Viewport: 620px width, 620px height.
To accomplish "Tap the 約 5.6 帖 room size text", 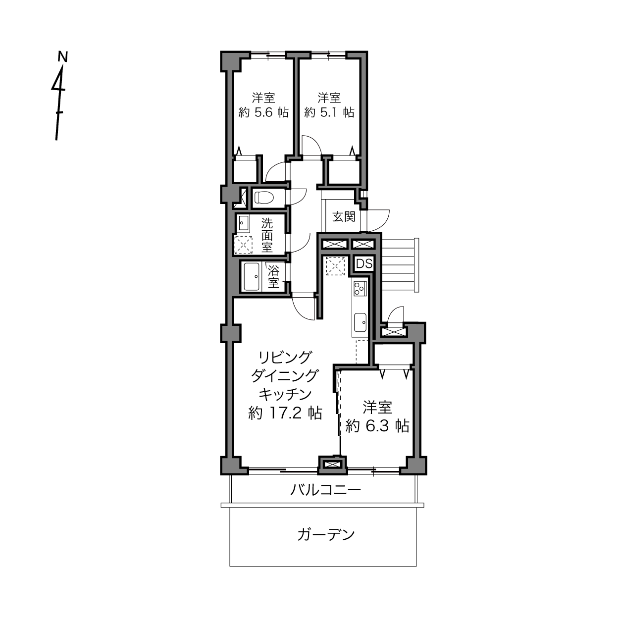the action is pyautogui.click(x=263, y=112).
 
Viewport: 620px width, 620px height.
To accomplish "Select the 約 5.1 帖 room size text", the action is pyautogui.click(x=329, y=112).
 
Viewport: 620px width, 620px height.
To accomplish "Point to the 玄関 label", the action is pyautogui.click(x=344, y=216).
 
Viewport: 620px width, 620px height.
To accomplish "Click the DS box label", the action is pyautogui.click(x=364, y=264).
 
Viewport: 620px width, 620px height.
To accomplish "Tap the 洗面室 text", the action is pyautogui.click(x=267, y=235).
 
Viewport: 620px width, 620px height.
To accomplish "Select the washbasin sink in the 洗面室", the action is pyautogui.click(x=244, y=223).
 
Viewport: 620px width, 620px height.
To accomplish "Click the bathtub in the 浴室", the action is pyautogui.click(x=252, y=277).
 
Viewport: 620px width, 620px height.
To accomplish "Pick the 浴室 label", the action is pyautogui.click(x=273, y=276).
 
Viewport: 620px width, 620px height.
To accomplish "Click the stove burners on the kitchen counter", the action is pyautogui.click(x=360, y=288).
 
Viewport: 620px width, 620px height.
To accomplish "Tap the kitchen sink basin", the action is pyautogui.click(x=360, y=322).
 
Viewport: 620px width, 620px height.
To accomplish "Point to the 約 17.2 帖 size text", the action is pyautogui.click(x=285, y=413).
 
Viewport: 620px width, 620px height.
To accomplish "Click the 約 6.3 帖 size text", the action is pyautogui.click(x=377, y=426).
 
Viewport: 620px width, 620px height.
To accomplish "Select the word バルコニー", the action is pyautogui.click(x=326, y=490).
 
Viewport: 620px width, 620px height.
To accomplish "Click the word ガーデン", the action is pyautogui.click(x=326, y=535).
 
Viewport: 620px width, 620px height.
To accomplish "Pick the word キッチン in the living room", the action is pyautogui.click(x=285, y=395).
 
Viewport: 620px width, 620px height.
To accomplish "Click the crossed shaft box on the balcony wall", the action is pyautogui.click(x=333, y=465).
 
